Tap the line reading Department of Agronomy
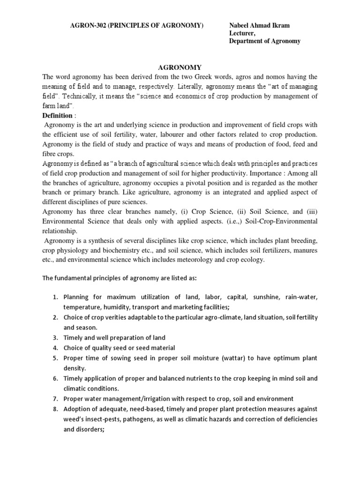pos(264,41)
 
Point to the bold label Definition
pos(58,115)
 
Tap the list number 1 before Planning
pos(54,297)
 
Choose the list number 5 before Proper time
pos(54,358)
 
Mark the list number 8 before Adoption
pos(54,409)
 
